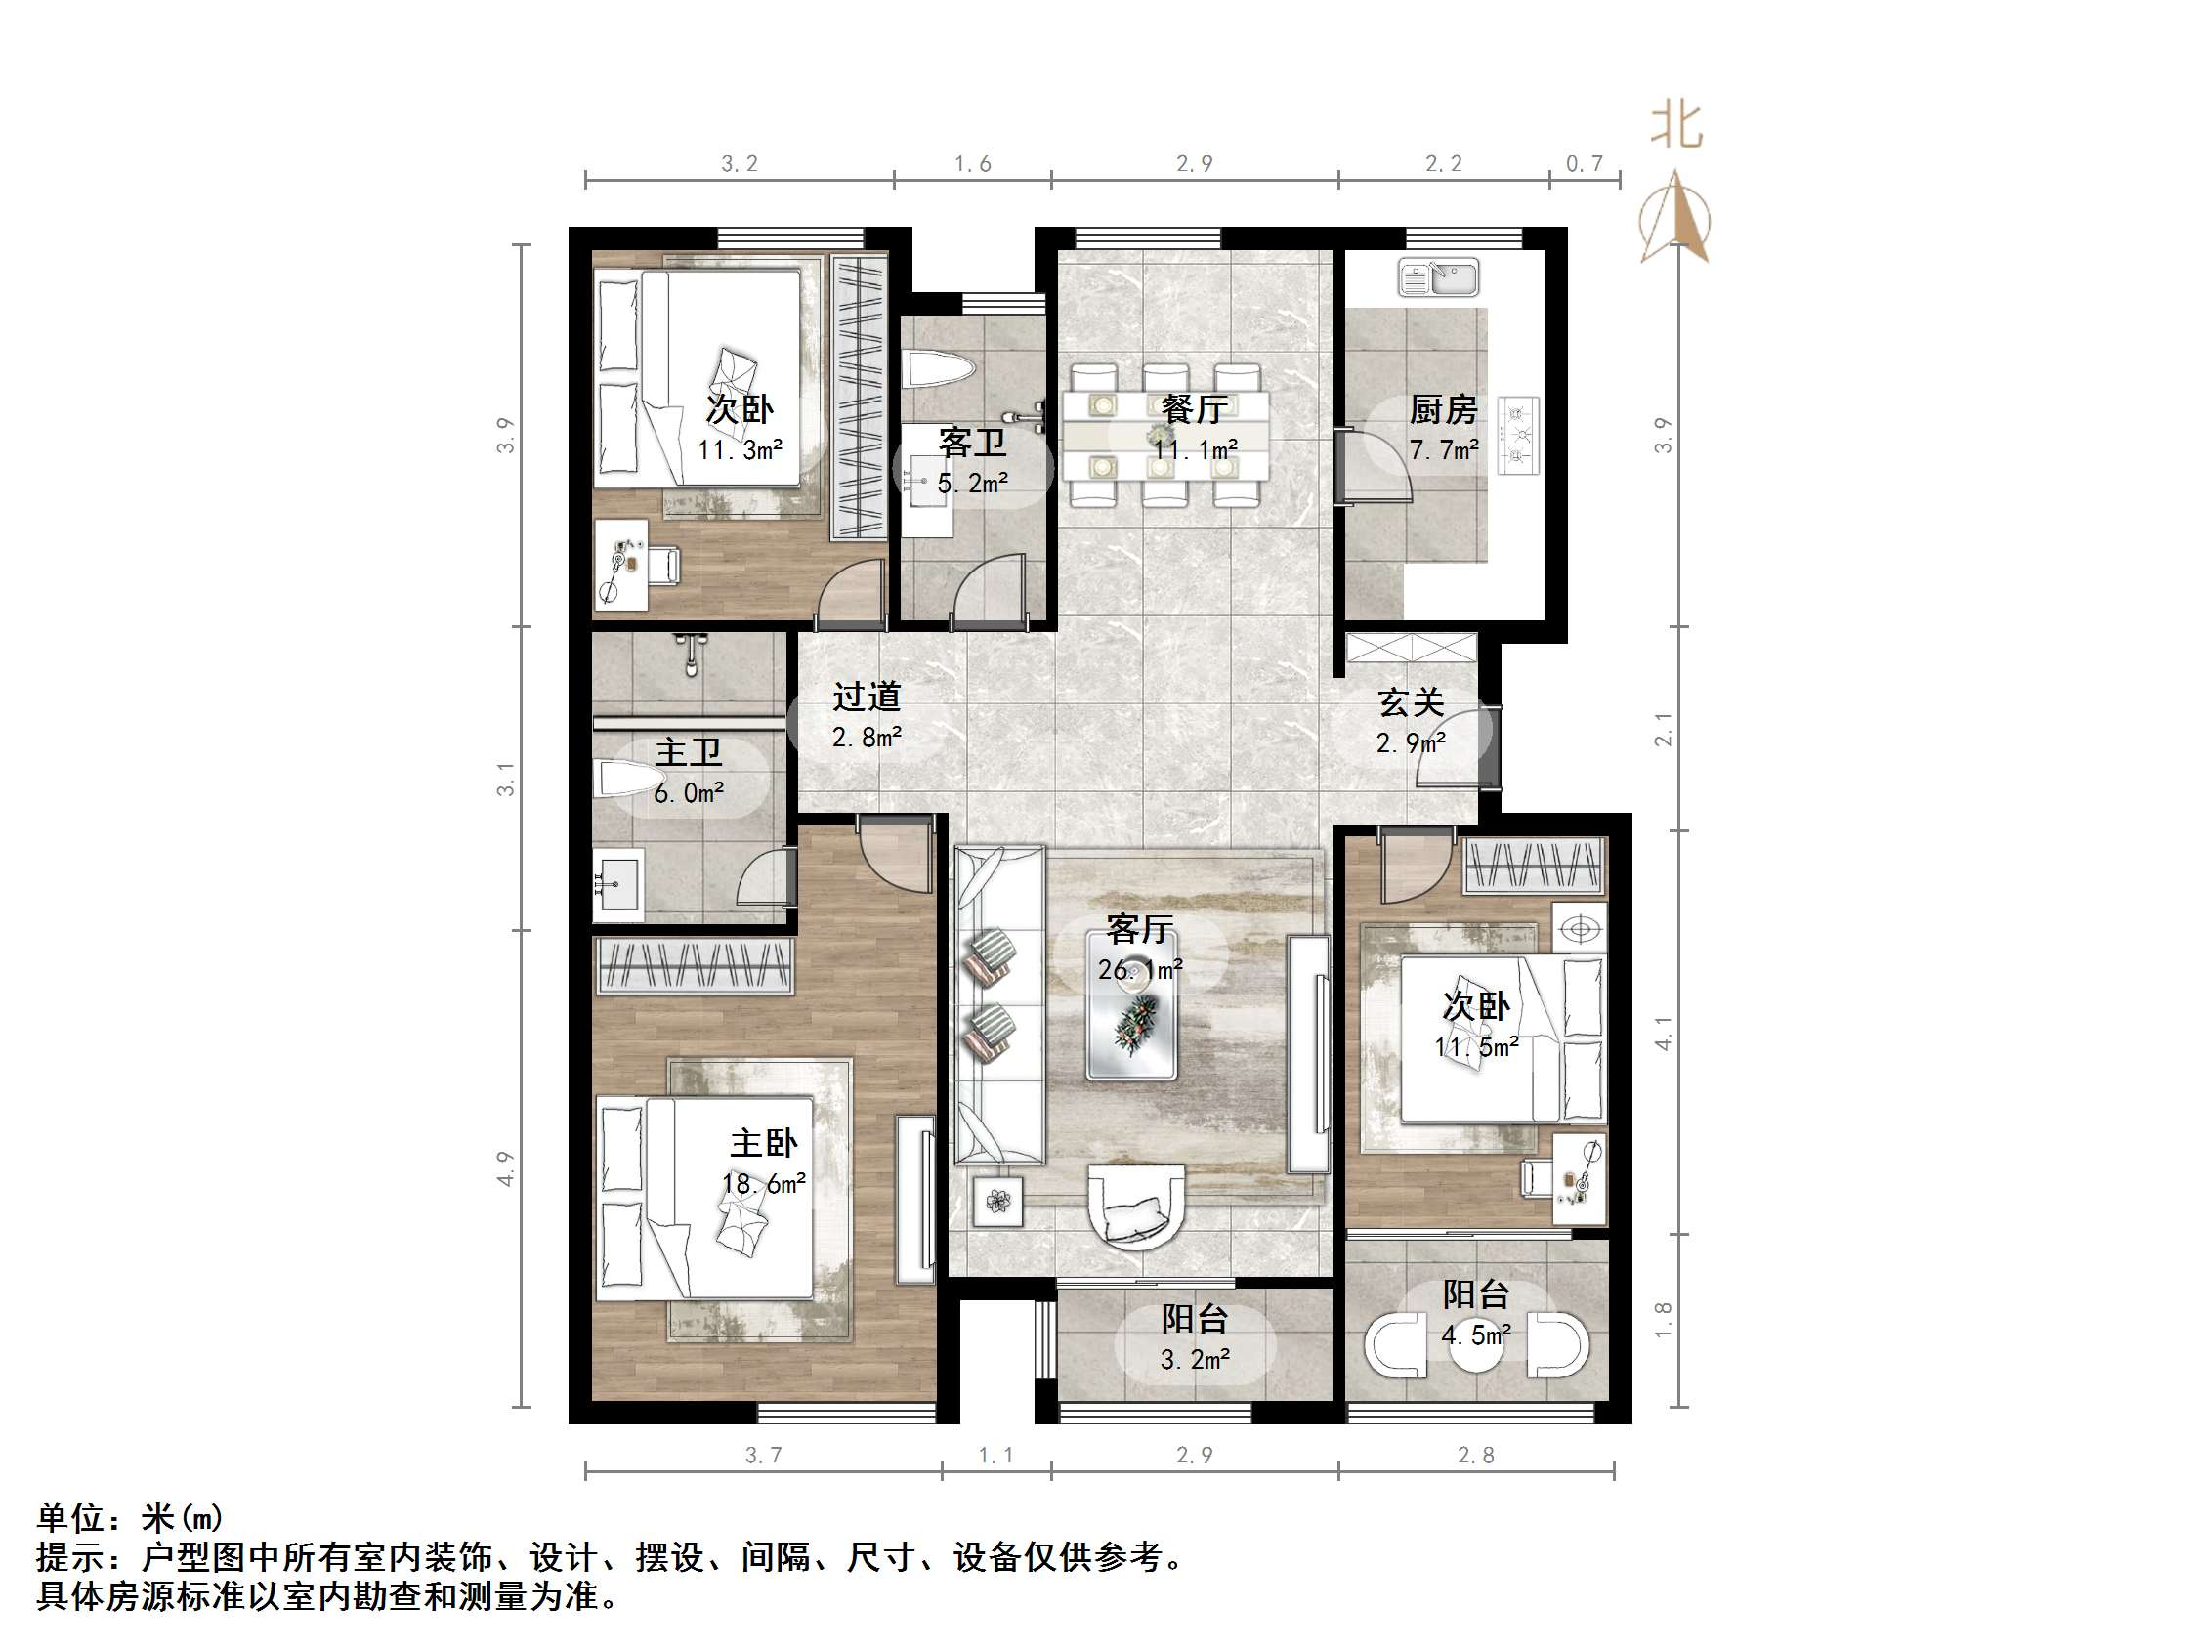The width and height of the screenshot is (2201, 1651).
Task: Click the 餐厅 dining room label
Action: point(1194,409)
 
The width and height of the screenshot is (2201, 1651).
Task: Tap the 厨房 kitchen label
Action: point(1443,409)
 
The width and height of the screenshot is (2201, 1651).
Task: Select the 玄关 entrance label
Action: point(1410,702)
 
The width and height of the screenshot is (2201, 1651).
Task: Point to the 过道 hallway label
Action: point(867,697)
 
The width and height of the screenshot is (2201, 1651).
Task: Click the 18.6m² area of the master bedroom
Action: point(763,1183)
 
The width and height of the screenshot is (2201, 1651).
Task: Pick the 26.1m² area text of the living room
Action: point(1140,969)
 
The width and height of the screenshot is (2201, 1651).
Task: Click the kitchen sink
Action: point(1438,277)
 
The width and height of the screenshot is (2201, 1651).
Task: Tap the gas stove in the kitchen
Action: point(1518,435)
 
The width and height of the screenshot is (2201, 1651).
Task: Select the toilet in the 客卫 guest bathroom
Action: point(937,370)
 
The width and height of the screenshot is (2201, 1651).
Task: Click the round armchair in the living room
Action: point(1136,1206)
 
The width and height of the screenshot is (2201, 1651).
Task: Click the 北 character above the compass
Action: point(1676,127)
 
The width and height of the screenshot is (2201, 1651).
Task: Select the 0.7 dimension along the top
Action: point(1585,163)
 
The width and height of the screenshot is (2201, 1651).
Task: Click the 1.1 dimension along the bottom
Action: point(996,1455)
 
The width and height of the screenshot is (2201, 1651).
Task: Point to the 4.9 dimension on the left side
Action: point(505,1168)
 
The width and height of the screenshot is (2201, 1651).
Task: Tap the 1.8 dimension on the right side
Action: point(1663,1320)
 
